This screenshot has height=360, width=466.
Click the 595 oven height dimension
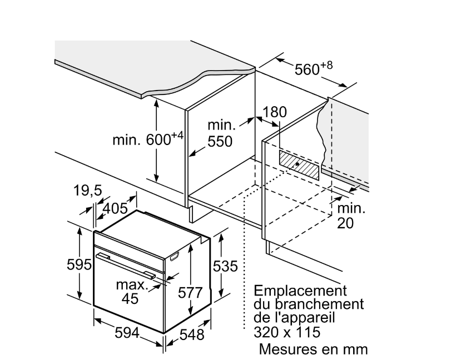(79, 264)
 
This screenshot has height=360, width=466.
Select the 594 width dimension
(127, 332)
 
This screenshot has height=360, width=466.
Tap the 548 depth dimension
(192, 335)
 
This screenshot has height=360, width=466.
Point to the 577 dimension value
(190, 293)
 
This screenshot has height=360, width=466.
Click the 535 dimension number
(225, 266)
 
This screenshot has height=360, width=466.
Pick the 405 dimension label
(115, 208)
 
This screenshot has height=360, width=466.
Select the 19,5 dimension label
(88, 191)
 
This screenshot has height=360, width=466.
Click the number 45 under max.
(130, 298)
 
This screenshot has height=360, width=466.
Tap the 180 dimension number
(275, 112)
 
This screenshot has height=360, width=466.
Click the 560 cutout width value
(307, 69)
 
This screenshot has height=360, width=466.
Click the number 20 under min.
(345, 223)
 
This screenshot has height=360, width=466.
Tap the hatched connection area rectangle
(299, 165)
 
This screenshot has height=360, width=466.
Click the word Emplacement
(300, 291)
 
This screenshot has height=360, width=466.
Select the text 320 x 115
(287, 332)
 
